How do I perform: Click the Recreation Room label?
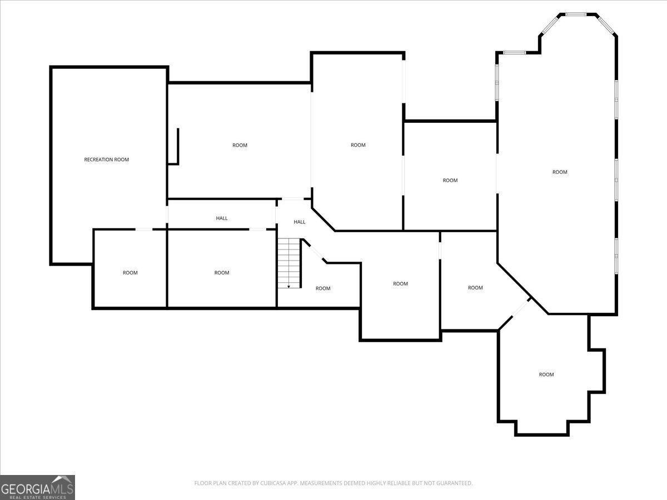[x=106, y=160]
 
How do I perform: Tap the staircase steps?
[x=288, y=261]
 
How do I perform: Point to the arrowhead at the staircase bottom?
[x=288, y=286]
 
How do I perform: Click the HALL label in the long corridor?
[x=222, y=218]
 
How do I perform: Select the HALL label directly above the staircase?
[x=300, y=222]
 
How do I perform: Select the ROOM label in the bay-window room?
[x=560, y=172]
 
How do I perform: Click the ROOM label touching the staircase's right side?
[x=323, y=288]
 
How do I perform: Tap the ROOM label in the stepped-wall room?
[x=546, y=374]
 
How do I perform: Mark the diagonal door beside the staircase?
[x=315, y=252]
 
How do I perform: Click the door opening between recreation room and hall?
[x=167, y=214]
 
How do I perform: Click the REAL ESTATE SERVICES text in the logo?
[x=38, y=497]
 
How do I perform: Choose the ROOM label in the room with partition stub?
[x=240, y=146]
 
